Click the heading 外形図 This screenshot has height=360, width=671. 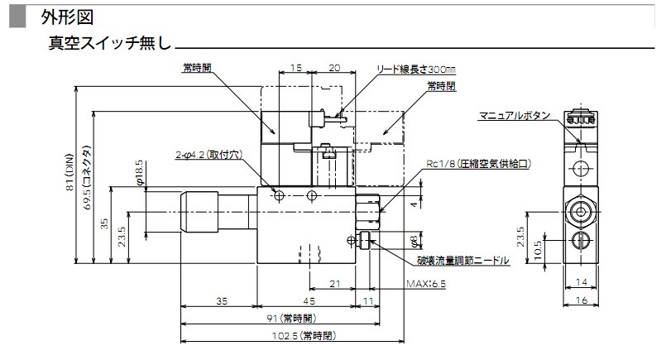[62, 15]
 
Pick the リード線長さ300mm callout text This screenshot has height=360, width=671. [417, 70]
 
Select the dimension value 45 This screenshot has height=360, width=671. [308, 301]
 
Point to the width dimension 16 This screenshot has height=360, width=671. [582, 301]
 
